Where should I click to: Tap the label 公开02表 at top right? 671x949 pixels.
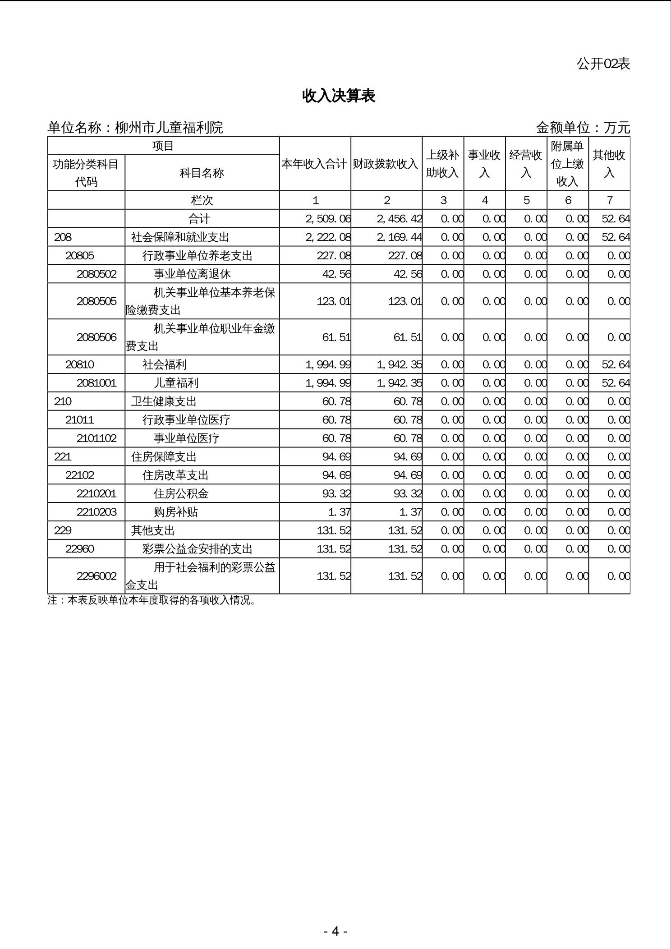[x=603, y=64]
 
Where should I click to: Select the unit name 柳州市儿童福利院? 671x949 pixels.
[x=169, y=128]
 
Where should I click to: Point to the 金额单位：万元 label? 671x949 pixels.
[x=583, y=128]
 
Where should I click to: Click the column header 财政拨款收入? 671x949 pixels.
[x=386, y=164]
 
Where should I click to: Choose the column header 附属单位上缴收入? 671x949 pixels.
[x=567, y=164]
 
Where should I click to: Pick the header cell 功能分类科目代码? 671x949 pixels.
[x=86, y=173]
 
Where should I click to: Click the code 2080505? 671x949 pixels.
[x=97, y=301]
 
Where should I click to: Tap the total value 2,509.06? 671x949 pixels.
[x=328, y=219]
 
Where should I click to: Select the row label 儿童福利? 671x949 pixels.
[x=176, y=383]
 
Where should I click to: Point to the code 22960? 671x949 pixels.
[x=80, y=549]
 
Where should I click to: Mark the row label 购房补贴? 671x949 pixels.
[x=175, y=512]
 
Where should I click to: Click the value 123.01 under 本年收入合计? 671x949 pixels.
[x=333, y=301]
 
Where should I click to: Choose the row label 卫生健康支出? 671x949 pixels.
[x=164, y=402]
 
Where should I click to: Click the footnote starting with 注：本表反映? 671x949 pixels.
[x=152, y=601]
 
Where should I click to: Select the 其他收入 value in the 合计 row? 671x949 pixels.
[x=616, y=219]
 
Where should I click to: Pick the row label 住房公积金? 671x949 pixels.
[x=181, y=494]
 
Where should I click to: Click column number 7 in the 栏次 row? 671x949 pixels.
[x=609, y=201]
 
